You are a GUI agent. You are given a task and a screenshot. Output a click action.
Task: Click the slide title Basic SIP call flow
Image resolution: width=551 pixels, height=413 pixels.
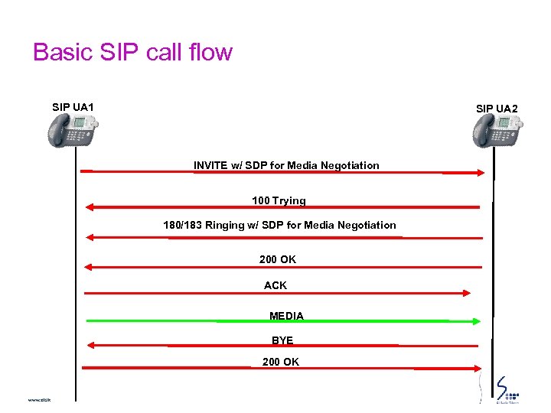coord(132,53)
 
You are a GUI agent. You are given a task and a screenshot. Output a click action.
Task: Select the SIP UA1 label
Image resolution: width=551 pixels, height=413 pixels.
coord(73,107)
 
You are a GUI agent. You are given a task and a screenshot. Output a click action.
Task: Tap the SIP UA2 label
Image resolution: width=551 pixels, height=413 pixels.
coord(497,109)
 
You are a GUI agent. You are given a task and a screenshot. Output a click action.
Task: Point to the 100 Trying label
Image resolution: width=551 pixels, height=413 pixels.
coord(279,200)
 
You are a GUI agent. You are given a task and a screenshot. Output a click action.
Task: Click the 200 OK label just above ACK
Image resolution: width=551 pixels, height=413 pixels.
coord(278,259)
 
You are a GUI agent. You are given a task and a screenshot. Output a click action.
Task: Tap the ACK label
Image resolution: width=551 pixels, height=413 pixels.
coord(275,285)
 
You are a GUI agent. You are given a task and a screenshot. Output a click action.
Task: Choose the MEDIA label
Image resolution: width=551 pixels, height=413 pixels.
coord(286,316)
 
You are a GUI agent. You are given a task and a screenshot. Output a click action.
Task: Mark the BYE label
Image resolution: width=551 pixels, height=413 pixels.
coord(282,340)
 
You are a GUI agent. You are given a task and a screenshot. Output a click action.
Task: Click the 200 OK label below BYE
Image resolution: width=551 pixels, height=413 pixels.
coord(281,362)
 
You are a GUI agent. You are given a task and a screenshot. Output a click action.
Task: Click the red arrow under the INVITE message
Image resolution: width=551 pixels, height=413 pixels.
coord(283,172)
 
